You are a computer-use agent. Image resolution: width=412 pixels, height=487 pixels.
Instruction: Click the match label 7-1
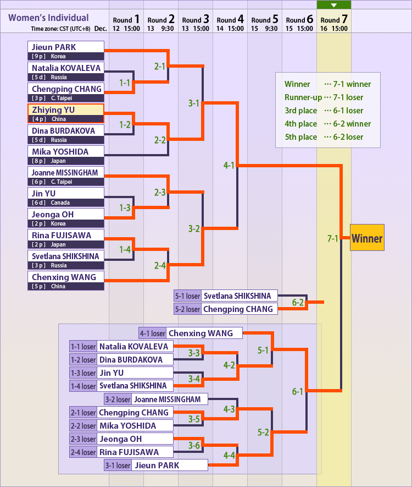pos(333,239)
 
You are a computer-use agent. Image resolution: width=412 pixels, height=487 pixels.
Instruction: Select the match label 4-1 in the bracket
pos(229,165)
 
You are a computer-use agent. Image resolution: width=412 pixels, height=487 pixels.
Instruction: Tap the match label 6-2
pos(298,302)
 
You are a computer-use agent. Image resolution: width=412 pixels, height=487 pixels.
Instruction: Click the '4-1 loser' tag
pos(152,333)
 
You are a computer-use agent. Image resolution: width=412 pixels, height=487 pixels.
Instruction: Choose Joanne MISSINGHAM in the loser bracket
pos(170,399)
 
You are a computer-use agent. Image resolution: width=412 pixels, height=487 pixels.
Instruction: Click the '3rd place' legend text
pos(300,111)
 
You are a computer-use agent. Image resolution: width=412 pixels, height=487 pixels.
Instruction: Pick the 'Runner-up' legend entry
pos(303,97)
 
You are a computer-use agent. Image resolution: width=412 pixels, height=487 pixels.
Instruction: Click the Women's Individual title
pos(48,18)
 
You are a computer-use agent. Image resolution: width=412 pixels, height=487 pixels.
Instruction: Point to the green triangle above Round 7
pos(334,5)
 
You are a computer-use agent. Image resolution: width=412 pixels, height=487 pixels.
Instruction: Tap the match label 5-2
pos(263,432)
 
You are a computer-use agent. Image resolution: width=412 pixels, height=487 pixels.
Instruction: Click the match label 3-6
pos(194,445)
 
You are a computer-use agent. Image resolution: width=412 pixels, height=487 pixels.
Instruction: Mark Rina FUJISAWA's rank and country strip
pos(65,244)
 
